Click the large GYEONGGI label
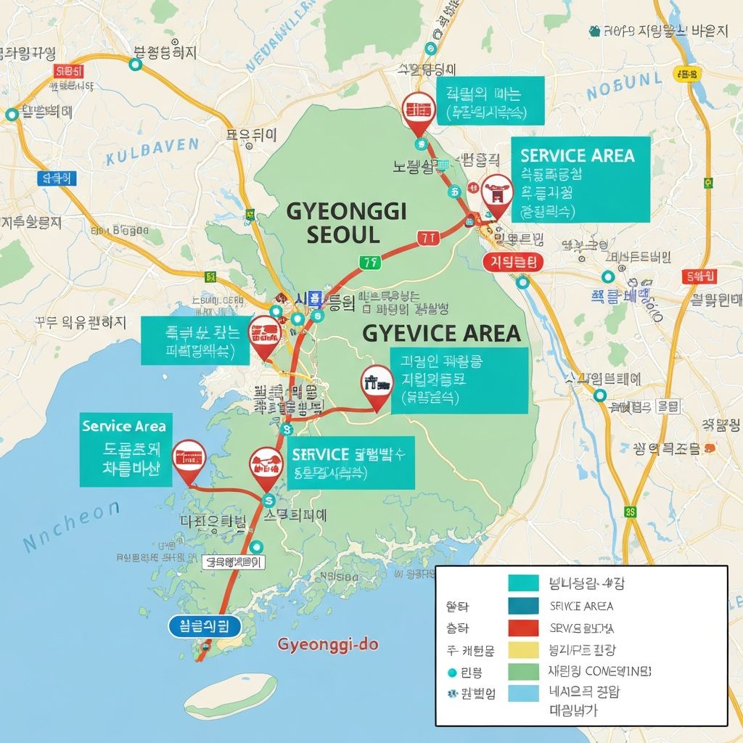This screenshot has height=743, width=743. [347, 211]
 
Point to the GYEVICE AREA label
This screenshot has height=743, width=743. [441, 333]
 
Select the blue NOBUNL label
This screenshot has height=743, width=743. [624, 86]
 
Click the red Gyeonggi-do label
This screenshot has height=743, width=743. [328, 644]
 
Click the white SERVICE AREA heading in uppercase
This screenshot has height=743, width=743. [577, 155]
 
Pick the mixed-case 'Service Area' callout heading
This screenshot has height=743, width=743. [124, 427]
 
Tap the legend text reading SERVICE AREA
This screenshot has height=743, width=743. [581, 607]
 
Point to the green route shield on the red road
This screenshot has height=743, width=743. [370, 262]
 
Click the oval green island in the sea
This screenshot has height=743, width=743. [231, 695]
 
